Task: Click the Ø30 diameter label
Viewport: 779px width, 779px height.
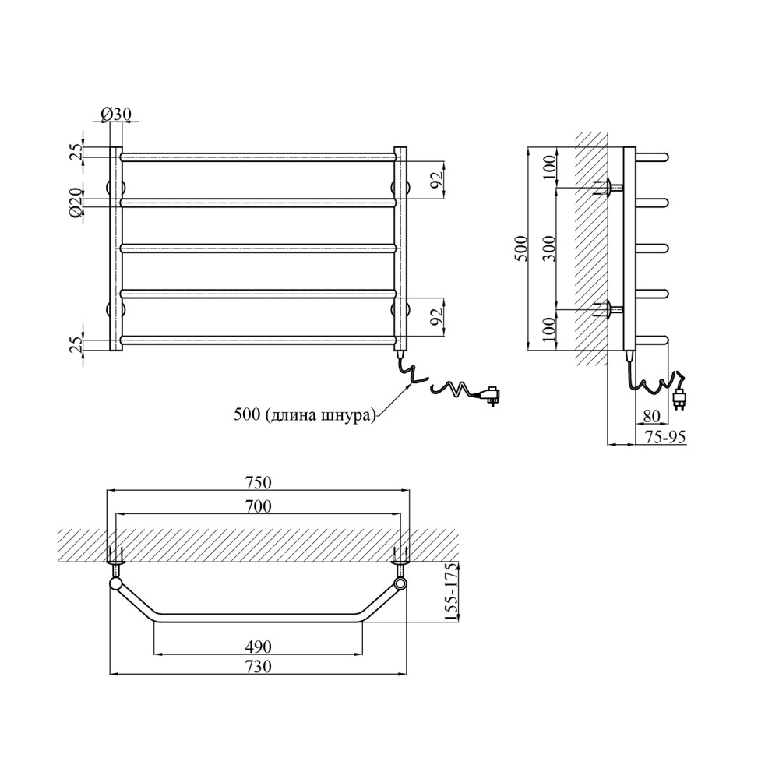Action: (x=116, y=115)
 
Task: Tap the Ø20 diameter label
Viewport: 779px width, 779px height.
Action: (x=76, y=203)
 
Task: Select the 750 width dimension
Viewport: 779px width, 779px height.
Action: (x=259, y=482)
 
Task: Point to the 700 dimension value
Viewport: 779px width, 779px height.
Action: (x=259, y=506)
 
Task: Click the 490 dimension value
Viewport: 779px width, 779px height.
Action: (x=259, y=647)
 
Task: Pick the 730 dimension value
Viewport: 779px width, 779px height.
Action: (x=259, y=666)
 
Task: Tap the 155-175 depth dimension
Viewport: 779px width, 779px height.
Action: (x=451, y=592)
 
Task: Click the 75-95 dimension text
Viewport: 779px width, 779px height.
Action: (x=664, y=436)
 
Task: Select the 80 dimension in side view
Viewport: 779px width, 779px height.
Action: (x=651, y=416)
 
